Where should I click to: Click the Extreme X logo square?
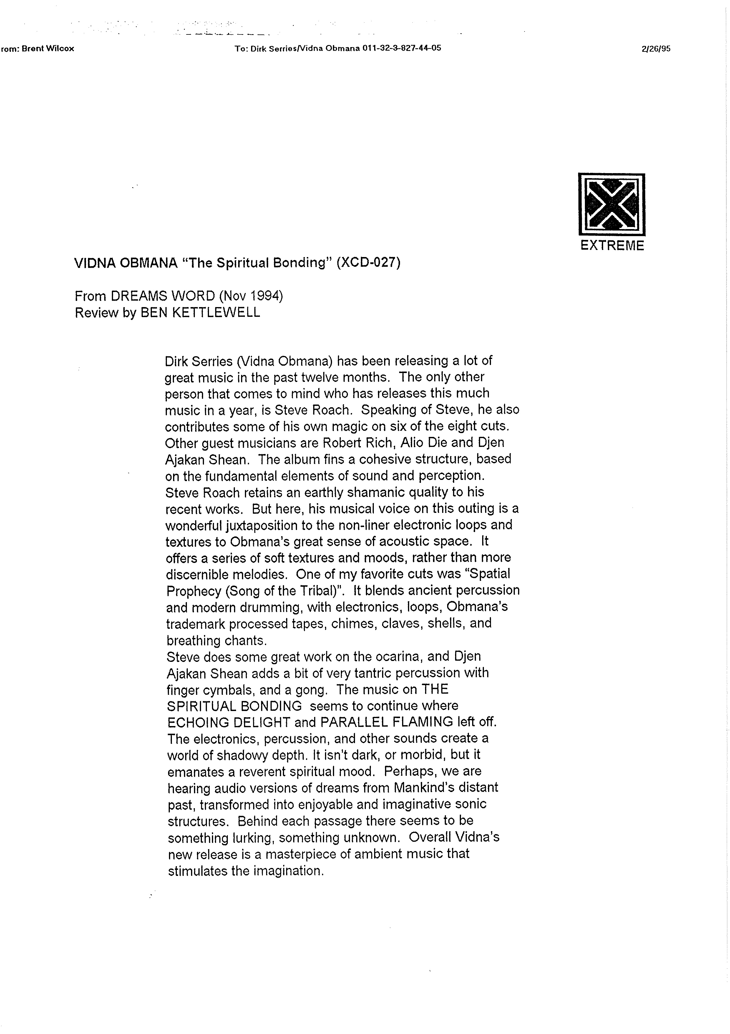coord(612,204)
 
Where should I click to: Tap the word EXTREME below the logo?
coord(612,246)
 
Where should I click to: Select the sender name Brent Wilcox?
coord(48,49)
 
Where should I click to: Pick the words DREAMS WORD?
coord(163,296)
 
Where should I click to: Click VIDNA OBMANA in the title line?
coord(126,263)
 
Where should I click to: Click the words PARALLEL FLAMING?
coord(386,723)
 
